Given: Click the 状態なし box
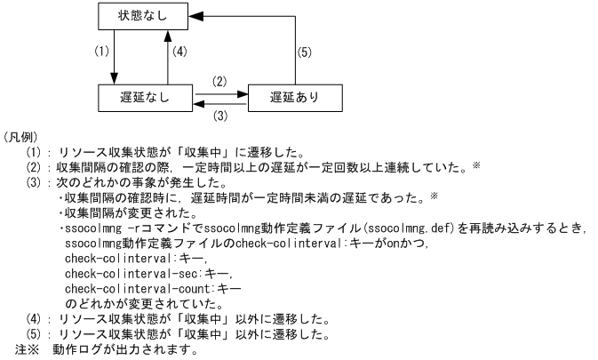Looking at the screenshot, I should pyautogui.click(x=141, y=16).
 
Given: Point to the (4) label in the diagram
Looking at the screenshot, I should pyautogui.click(x=180, y=53).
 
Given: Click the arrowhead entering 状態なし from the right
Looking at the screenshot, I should pyautogui.click(x=197, y=16).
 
